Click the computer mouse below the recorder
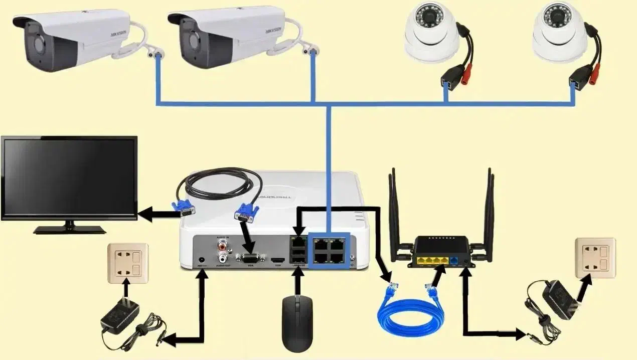pos(297,323)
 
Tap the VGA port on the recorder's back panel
pos(250,259)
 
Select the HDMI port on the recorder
pos(277,260)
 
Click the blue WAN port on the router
pos(454,260)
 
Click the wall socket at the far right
pos(595,257)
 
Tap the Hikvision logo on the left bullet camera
pos(118,35)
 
